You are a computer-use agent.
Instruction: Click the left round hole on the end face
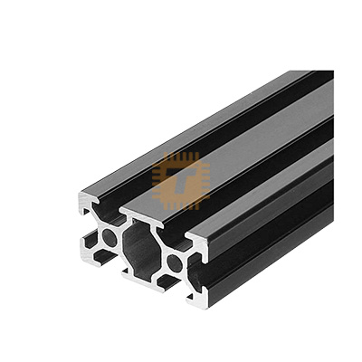pyautogui.click(x=110, y=238)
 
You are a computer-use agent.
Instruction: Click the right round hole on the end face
pyautogui.click(x=175, y=263)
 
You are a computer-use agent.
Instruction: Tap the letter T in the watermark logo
pyautogui.click(x=181, y=181)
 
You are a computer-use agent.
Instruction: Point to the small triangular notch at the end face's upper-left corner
pyautogui.click(x=86, y=211)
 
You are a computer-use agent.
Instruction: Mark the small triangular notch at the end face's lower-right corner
pyautogui.click(x=191, y=296)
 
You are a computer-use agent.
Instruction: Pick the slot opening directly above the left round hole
pyautogui.click(x=110, y=213)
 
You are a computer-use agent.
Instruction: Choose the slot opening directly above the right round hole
pyautogui.click(x=175, y=239)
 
